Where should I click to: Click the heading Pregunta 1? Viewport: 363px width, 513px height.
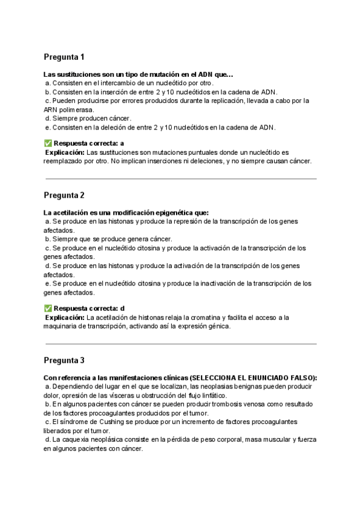coord(64,57)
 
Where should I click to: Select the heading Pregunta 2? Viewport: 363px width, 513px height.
coord(64,195)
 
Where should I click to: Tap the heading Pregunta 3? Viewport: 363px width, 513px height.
coord(64,361)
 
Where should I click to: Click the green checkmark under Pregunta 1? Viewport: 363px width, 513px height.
coord(48,143)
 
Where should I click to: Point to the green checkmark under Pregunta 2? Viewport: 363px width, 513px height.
coord(48,308)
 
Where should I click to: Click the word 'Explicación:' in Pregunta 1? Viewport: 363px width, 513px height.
coord(66,152)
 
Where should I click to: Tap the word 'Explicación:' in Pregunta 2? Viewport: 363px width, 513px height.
coord(66,317)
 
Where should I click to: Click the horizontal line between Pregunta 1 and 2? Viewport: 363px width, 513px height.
coord(181,178)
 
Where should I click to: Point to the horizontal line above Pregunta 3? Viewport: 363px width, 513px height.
coord(181,344)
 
